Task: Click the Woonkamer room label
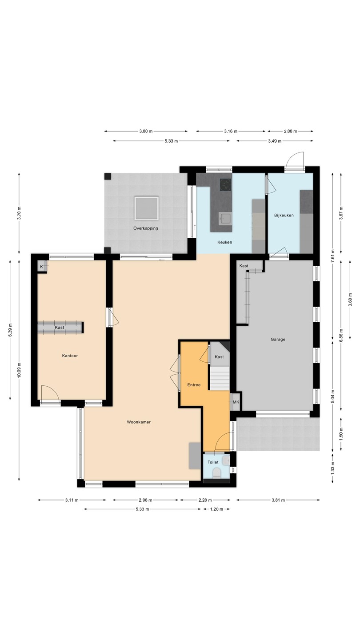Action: pyautogui.click(x=139, y=422)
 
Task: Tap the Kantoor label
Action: pyautogui.click(x=70, y=356)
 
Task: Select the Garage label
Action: pyautogui.click(x=278, y=340)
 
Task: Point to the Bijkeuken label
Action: pyautogui.click(x=284, y=215)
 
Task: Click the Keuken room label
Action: pyautogui.click(x=224, y=242)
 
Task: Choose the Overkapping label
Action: pyautogui.click(x=146, y=228)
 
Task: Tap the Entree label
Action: pyautogui.click(x=194, y=385)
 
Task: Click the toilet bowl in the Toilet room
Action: pyautogui.click(x=217, y=473)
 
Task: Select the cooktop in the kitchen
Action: pyautogui.click(x=225, y=184)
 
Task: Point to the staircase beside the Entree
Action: pyautogui.click(x=220, y=379)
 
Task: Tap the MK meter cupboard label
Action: pyautogui.click(x=236, y=402)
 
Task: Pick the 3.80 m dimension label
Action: pyautogui.click(x=146, y=132)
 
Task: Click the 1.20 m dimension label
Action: pyautogui.click(x=216, y=509)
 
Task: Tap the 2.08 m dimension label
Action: pyautogui.click(x=290, y=132)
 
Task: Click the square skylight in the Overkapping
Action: pyautogui.click(x=147, y=208)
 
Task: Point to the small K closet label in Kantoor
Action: pyautogui.click(x=41, y=267)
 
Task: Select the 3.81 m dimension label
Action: pyautogui.click(x=278, y=500)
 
